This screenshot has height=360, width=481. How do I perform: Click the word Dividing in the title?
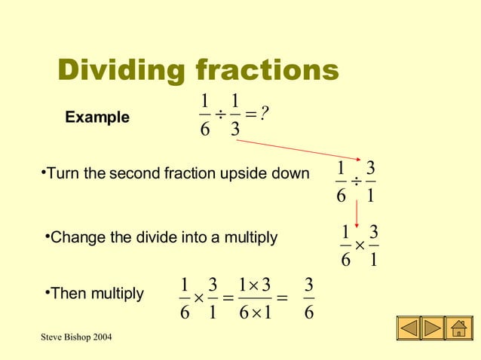click(122, 72)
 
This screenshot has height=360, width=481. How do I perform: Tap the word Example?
click(97, 117)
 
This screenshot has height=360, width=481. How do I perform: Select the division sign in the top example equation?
click(219, 114)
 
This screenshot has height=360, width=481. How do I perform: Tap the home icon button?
click(458, 330)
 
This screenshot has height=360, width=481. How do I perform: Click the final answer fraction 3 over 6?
click(309, 299)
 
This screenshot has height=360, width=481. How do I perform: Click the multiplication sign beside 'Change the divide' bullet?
click(360, 246)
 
